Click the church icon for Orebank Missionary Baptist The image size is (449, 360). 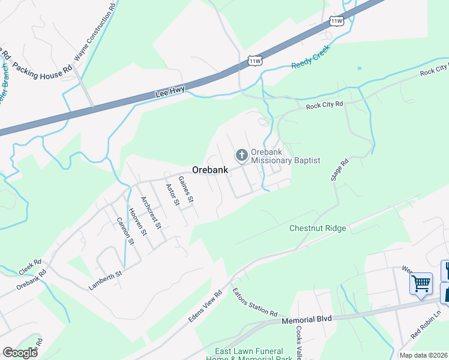click(241, 156)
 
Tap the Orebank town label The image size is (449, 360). click(210, 170)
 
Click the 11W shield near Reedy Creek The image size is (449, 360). click(255, 61)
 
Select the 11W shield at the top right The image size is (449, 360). click(337, 21)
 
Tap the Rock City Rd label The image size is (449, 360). click(324, 105)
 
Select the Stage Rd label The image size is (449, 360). click(340, 170)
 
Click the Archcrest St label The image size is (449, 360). click(150, 212)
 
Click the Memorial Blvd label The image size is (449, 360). click(307, 322)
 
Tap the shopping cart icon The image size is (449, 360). click(421, 283)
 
